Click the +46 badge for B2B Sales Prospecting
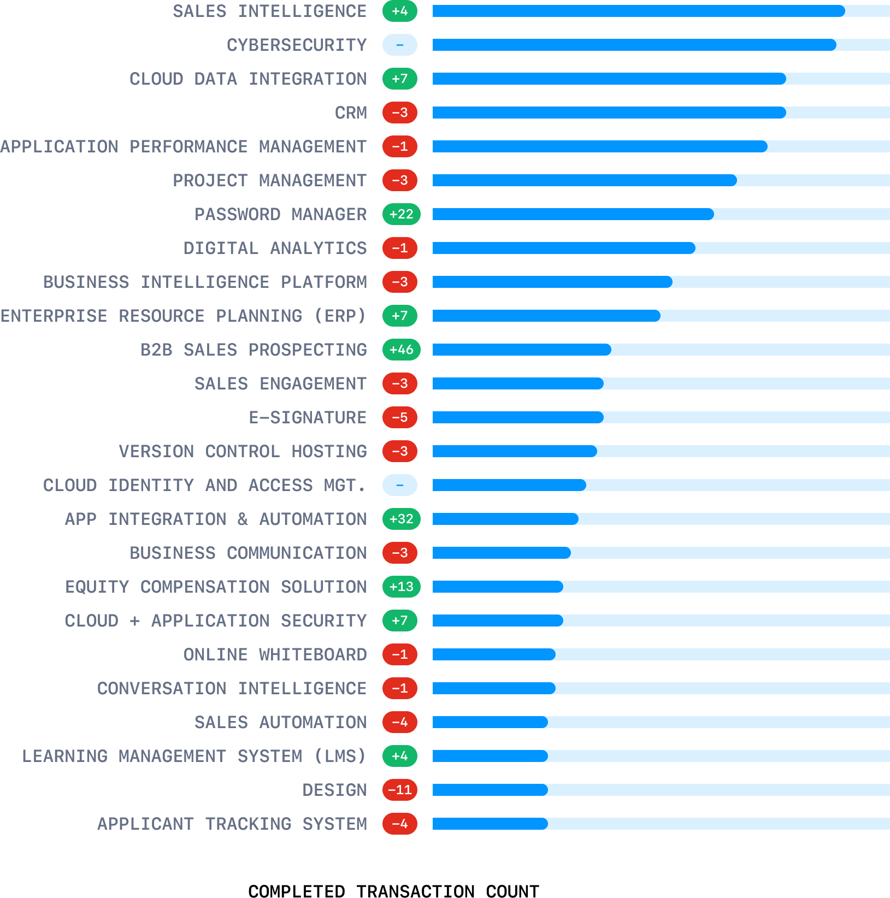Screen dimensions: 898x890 pyautogui.click(x=401, y=350)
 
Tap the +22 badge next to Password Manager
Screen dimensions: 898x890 pyautogui.click(x=401, y=214)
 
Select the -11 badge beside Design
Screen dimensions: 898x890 pyautogui.click(x=400, y=790)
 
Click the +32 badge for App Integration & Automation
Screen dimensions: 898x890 pyautogui.click(x=401, y=519)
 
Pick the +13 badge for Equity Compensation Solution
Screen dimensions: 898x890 pyautogui.click(x=401, y=587)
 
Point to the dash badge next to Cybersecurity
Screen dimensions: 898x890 pyautogui.click(x=400, y=45)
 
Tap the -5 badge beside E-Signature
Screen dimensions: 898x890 pyautogui.click(x=400, y=417)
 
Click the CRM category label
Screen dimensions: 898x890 pyautogui.click(x=351, y=113)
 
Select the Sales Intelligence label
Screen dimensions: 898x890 pyautogui.click(x=269, y=11)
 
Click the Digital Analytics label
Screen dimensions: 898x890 pyautogui.click(x=275, y=249)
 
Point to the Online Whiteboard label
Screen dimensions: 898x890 pyautogui.click(x=275, y=655)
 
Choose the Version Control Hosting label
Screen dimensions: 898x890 pyautogui.click(x=243, y=452)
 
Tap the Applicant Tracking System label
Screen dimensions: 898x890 pyautogui.click(x=232, y=824)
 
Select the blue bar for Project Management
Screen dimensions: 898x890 pyautogui.click(x=584, y=180)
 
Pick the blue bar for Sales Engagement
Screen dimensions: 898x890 pyautogui.click(x=517, y=383)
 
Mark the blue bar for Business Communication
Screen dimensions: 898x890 pyautogui.click(x=501, y=553)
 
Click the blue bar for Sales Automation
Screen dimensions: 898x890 pyautogui.click(x=490, y=722)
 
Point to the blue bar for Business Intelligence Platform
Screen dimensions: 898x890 pyautogui.click(x=552, y=282)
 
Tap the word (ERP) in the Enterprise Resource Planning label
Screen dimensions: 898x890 pyautogui.click(x=339, y=316)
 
